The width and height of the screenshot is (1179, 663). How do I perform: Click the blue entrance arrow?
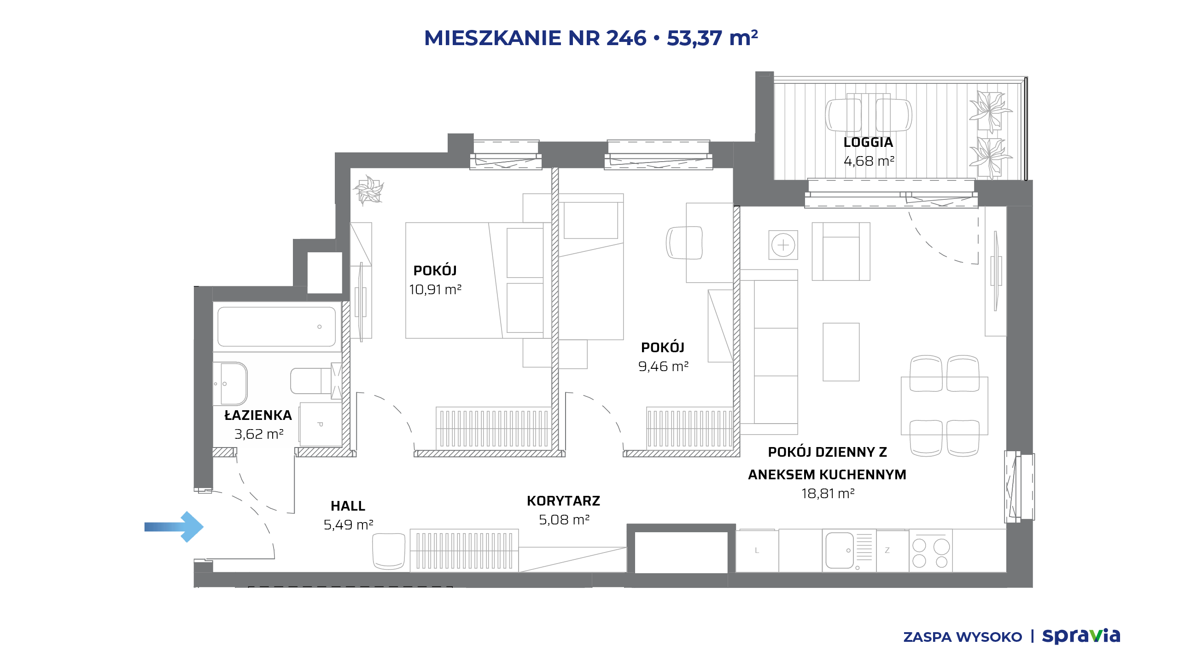174,527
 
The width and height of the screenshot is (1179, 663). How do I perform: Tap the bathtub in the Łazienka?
276,326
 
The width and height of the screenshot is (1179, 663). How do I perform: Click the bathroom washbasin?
230,384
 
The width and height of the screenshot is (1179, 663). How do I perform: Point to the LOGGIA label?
868,142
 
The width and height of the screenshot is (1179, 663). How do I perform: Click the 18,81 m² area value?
828,494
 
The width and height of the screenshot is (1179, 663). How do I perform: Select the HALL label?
348,506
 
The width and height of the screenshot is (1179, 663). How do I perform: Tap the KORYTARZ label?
563,501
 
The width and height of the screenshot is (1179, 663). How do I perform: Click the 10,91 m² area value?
435,290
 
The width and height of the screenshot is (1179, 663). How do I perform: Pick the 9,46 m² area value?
663,366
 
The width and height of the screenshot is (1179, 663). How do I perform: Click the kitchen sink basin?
840,550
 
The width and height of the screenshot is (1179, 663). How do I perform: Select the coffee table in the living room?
841,352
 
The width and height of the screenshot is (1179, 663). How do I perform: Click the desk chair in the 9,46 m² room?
684,243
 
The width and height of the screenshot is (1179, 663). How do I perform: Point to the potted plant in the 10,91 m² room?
368,189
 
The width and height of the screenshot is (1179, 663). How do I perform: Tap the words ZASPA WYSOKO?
963,637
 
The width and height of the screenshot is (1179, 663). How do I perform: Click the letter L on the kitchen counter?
757,550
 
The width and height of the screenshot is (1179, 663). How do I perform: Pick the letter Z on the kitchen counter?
887,550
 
